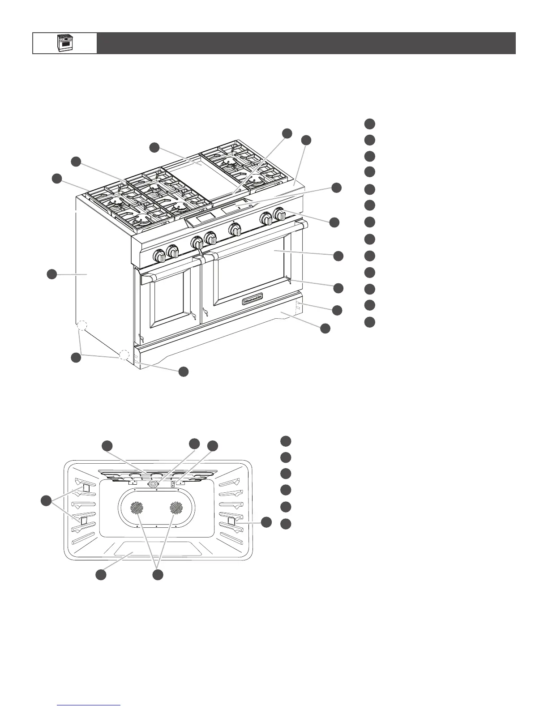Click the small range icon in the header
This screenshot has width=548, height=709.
64,43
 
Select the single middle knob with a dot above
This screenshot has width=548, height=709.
235,230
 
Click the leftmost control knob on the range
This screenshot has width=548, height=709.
159,256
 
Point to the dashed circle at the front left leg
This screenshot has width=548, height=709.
124,355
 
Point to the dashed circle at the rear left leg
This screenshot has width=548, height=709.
81,325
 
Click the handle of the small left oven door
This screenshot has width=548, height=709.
168,270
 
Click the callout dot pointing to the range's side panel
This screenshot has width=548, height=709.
52,274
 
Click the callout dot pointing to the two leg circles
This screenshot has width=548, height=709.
76,358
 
